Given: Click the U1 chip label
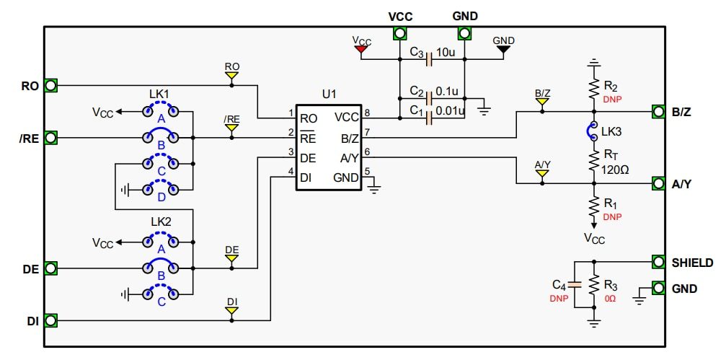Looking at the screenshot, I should click(329, 95).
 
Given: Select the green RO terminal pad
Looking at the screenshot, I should click(50, 85).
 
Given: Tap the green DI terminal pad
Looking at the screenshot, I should click(50, 320).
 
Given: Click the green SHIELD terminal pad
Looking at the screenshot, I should click(658, 261).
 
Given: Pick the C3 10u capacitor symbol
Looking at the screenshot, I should click(430, 59).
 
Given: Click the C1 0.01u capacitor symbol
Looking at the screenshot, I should click(430, 117).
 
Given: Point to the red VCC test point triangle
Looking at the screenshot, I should click(361, 51).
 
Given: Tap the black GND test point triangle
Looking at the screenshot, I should click(503, 50).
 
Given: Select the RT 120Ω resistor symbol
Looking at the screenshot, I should click(594, 159).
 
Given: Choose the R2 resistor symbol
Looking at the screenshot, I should click(594, 89).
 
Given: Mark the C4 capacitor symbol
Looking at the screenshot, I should click(574, 286).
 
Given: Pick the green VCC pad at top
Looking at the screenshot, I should click(399, 33).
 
